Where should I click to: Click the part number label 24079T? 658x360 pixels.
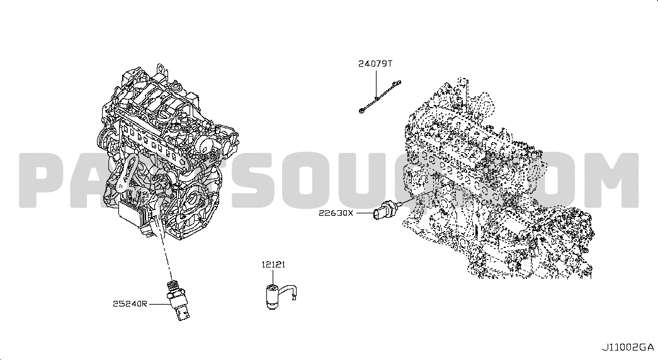pyautogui.click(x=375, y=64)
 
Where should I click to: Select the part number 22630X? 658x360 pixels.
pyautogui.click(x=336, y=213)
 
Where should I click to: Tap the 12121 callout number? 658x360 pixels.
pyautogui.click(x=273, y=264)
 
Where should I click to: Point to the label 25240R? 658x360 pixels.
pyautogui.click(x=130, y=303)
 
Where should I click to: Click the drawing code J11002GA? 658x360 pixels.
pyautogui.click(x=628, y=347)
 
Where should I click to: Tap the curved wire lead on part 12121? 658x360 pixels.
pyautogui.click(x=290, y=290)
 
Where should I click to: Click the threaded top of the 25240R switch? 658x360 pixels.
pyautogui.click(x=173, y=286)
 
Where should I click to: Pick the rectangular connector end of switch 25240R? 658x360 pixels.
pyautogui.click(x=183, y=314)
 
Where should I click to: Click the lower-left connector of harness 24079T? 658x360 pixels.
pyautogui.click(x=361, y=111)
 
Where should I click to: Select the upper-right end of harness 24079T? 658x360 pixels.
pyautogui.click(x=399, y=82)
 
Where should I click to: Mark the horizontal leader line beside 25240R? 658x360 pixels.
pyautogui.click(x=159, y=303)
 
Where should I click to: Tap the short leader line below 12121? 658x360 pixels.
pyautogui.click(x=273, y=278)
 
